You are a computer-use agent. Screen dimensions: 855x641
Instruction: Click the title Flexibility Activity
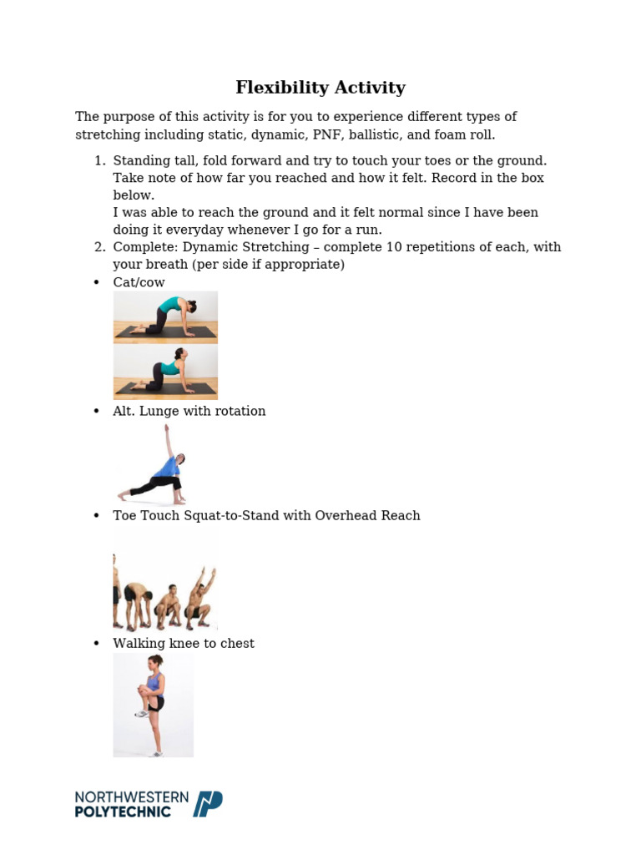click(320, 88)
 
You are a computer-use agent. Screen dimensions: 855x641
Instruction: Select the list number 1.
click(98, 160)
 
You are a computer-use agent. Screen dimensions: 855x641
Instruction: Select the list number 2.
click(98, 247)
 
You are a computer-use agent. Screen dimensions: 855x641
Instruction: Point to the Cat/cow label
click(139, 282)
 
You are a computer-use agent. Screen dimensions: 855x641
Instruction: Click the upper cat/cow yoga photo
click(165, 317)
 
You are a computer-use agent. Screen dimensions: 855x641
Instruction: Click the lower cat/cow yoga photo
click(165, 372)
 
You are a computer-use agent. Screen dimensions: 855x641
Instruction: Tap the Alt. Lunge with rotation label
click(189, 411)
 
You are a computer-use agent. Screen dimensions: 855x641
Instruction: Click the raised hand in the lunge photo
click(167, 429)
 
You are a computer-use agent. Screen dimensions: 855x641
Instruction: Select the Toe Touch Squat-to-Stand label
click(266, 516)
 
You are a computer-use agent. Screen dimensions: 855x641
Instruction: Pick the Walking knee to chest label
click(184, 644)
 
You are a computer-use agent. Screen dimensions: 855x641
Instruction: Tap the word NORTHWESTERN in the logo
click(131, 797)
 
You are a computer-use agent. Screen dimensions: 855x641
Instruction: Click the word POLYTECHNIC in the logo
click(123, 812)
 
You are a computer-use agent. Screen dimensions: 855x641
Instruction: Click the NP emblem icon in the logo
click(208, 804)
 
